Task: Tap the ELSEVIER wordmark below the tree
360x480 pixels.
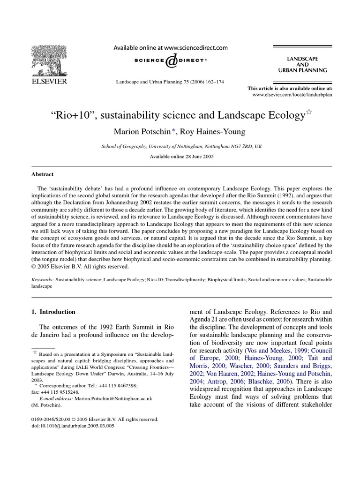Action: coord(49,81)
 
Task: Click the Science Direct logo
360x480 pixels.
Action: coord(171,60)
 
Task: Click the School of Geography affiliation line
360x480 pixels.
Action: coord(182,146)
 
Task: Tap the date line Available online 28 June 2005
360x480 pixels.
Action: coord(182,157)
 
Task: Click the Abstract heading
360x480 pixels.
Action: coord(42,174)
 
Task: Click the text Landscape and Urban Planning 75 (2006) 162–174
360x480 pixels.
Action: coord(170,82)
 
